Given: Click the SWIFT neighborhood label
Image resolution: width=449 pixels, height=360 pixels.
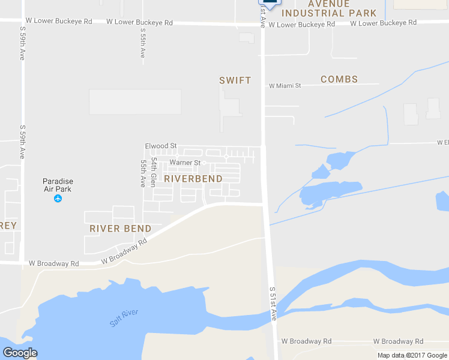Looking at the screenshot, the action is click(x=235, y=80).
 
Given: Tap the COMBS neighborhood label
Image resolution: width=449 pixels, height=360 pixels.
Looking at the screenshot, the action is click(x=339, y=79).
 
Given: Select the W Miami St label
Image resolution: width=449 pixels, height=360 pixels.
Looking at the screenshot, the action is click(x=285, y=86).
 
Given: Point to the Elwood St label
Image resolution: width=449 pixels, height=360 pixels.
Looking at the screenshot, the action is click(x=161, y=146).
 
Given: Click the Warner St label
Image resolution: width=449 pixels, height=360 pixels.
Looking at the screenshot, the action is click(x=185, y=163).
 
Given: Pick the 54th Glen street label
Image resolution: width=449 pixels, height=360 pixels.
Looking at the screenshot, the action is click(x=154, y=172).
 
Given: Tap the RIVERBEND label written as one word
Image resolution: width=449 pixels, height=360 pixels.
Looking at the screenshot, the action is click(x=193, y=179).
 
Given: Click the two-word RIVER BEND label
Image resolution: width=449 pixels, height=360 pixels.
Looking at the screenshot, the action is click(x=120, y=229).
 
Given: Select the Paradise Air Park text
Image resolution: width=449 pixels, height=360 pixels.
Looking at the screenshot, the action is click(x=58, y=185).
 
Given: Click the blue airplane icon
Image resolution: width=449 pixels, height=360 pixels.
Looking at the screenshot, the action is click(x=58, y=199).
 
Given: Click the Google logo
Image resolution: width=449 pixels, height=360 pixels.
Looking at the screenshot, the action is click(x=20, y=352).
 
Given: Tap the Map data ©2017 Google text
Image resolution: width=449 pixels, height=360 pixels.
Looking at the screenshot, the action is click(x=411, y=355).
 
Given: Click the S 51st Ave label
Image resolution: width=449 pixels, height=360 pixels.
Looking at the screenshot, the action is click(x=273, y=304).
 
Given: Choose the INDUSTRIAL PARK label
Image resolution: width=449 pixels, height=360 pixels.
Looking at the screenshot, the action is click(x=330, y=13).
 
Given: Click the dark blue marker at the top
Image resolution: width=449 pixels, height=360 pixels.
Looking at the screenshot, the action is click(x=270, y=3).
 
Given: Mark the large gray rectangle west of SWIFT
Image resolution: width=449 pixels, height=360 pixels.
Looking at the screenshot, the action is click(x=135, y=102).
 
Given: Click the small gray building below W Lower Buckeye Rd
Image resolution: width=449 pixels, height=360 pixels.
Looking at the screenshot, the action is click(x=246, y=38).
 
